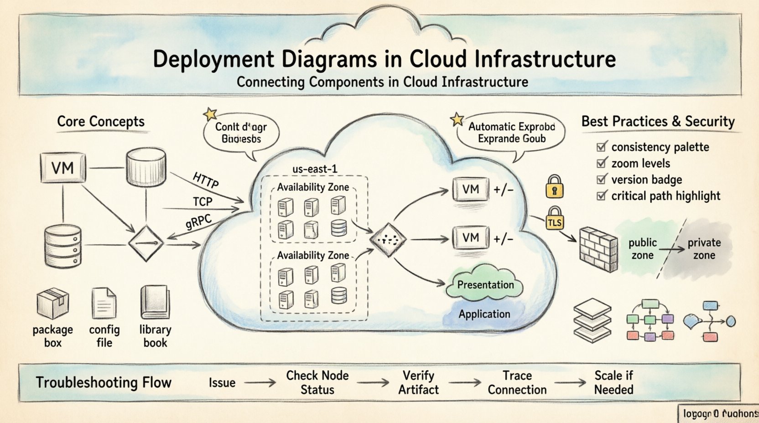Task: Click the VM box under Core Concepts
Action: [62, 168]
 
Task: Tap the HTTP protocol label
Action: [205, 180]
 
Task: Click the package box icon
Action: [52, 304]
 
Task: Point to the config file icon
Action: [104, 303]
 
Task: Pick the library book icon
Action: [155, 302]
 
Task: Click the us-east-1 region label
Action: [315, 169]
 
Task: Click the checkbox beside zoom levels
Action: [602, 163]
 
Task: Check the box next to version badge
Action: [602, 179]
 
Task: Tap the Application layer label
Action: [484, 314]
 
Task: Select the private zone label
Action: [704, 249]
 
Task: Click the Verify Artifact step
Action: [418, 382]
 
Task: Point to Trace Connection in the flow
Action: [517, 382]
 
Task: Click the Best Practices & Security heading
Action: [658, 122]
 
